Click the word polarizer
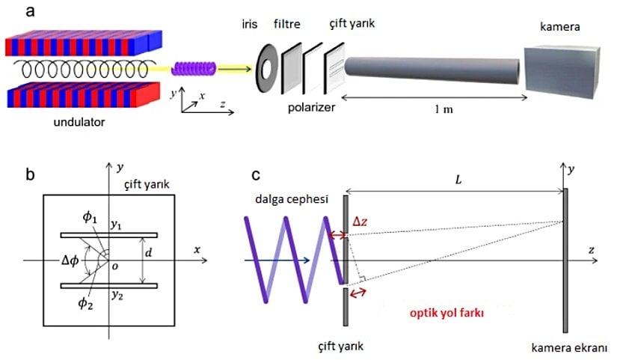coord(311,107)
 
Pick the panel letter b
coord(30,176)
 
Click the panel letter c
coord(256,176)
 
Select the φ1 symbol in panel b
coord(89,218)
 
